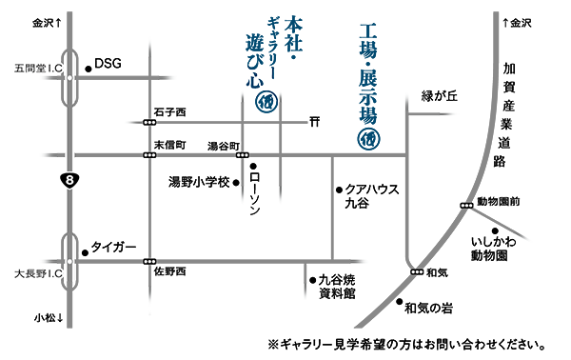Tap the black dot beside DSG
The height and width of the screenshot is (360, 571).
click(x=88, y=68)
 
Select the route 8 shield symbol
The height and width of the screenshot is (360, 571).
click(x=68, y=179)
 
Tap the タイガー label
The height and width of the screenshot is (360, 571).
click(x=114, y=247)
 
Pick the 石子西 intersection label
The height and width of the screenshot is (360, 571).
click(x=168, y=112)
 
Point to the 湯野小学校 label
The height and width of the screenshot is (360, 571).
click(x=199, y=181)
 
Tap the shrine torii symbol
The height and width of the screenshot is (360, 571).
click(x=314, y=122)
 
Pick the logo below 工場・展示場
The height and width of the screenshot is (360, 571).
click(x=368, y=138)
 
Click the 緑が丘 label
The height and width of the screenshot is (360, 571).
click(x=440, y=96)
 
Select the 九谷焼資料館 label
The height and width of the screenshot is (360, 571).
click(x=336, y=288)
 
